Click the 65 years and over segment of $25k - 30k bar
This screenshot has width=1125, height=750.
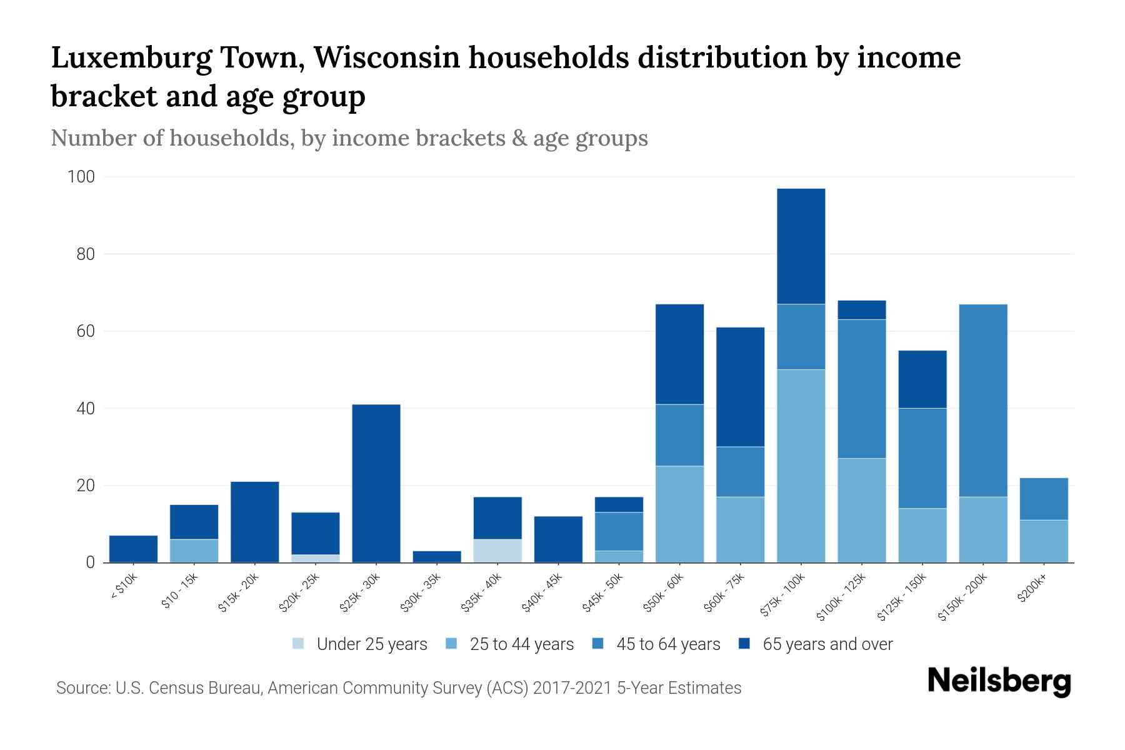(x=376, y=483)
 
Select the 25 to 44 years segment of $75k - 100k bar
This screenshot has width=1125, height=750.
(x=801, y=466)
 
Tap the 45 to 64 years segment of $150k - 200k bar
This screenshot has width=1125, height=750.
(x=983, y=401)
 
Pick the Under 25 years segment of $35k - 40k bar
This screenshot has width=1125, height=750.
(x=497, y=551)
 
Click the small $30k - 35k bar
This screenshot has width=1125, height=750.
(x=437, y=556)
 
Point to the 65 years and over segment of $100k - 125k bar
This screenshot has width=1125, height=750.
(x=862, y=310)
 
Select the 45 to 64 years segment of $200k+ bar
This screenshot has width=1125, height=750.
(x=1044, y=499)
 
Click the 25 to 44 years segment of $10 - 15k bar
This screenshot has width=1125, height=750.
(x=194, y=551)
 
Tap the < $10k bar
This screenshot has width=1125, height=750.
(x=133, y=549)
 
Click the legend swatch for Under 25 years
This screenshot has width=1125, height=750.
(x=299, y=644)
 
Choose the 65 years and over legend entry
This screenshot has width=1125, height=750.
(x=827, y=644)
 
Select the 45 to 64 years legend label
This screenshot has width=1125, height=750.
(x=668, y=644)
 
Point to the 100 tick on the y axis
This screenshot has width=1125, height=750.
(x=81, y=177)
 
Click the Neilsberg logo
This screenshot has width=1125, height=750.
(x=999, y=681)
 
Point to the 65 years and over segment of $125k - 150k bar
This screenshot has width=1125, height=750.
(x=922, y=379)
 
